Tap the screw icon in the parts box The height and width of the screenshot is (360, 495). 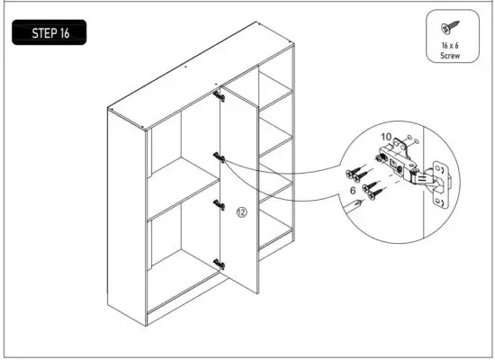[449, 27]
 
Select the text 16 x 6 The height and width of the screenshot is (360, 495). [449, 45]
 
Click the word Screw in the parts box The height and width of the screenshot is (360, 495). [449, 55]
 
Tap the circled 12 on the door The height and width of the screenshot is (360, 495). [240, 212]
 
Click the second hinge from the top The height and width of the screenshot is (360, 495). [218, 157]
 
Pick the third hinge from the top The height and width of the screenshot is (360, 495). [218, 204]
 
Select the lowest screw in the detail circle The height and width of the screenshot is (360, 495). [368, 192]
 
